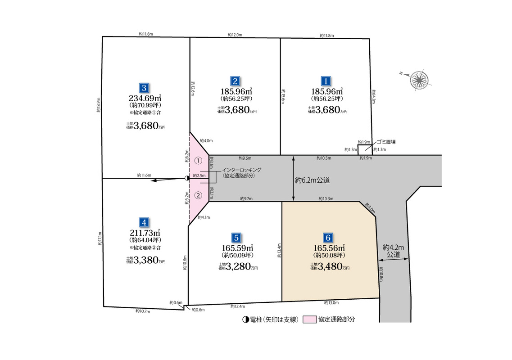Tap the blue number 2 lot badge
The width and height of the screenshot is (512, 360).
(x=235, y=81)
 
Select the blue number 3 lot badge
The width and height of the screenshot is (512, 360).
(x=144, y=88)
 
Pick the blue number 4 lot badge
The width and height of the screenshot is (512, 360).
(x=144, y=222)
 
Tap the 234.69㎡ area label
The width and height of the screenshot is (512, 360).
(x=145, y=97)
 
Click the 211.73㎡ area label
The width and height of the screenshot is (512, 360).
(x=145, y=232)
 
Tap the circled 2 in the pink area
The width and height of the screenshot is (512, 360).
(x=199, y=195)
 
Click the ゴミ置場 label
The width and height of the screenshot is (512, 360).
(x=386, y=142)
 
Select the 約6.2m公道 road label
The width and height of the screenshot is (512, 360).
(x=313, y=180)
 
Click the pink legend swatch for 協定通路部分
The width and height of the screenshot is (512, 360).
(x=309, y=319)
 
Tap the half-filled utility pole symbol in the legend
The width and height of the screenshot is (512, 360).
(x=245, y=320)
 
